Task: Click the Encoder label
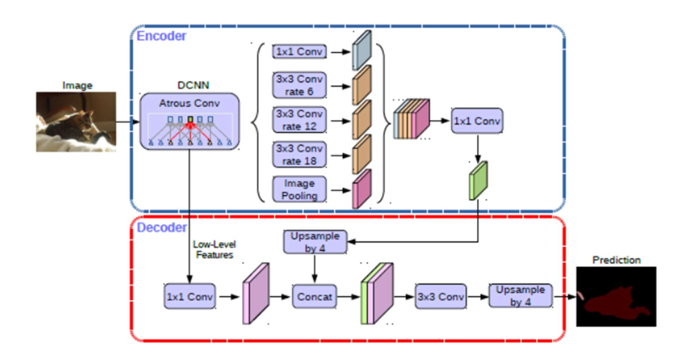point(161,36)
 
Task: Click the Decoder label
point(162,228)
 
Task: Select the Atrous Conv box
point(189,121)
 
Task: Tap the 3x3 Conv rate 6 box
point(299,85)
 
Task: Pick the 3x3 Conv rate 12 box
point(299,120)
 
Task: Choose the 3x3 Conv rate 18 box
point(299,154)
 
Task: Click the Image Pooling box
point(299,189)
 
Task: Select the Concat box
point(314,296)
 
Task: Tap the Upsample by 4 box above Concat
point(315,241)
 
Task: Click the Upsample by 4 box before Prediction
point(520,296)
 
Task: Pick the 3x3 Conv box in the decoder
point(441,296)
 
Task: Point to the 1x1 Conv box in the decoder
point(189,296)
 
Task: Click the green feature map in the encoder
point(478,181)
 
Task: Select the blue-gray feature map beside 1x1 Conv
point(361,50)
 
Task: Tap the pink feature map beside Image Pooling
point(361,189)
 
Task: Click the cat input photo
point(76,121)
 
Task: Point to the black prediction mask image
point(616,296)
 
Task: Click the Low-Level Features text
point(214,250)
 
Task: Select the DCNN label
point(193,85)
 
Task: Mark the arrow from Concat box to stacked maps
point(348,296)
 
